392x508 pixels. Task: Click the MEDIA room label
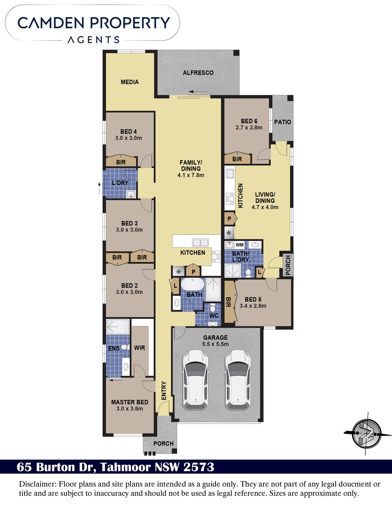coord(130,82)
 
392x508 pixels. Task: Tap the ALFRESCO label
coord(198,73)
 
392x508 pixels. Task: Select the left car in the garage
coord(195,380)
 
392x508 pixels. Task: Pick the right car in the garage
coord(238,380)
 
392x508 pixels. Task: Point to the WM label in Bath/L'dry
coord(240,245)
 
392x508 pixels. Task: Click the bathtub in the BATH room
coord(193,284)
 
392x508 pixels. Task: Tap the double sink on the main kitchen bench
coord(200,243)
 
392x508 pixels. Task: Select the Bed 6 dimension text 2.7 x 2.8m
coord(249,128)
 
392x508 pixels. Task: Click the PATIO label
coord(282,122)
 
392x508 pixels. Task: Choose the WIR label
coord(140,348)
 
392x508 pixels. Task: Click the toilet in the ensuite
coord(124,347)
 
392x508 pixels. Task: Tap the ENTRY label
coord(164,391)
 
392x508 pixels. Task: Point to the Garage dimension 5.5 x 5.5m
coord(215,344)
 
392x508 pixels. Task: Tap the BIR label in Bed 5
coord(228,302)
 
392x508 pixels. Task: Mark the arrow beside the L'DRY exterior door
coord(99,188)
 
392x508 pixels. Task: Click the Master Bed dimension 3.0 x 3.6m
coord(130,409)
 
